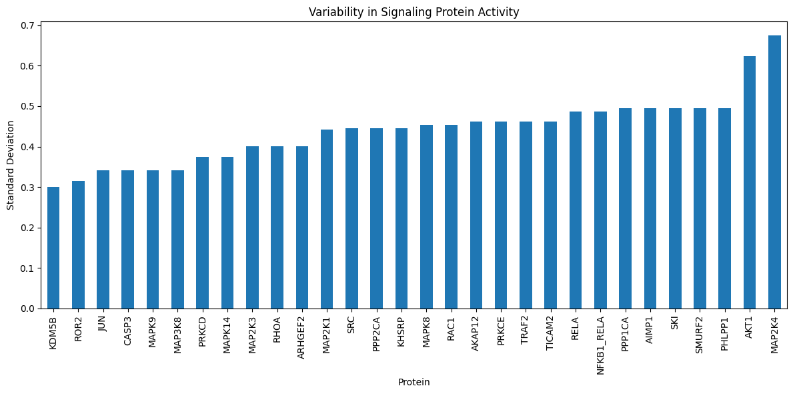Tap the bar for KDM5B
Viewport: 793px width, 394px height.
coord(53,248)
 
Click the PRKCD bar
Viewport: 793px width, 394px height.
coord(203,233)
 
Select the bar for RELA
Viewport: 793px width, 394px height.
coord(576,210)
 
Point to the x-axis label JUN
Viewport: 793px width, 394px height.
coord(103,323)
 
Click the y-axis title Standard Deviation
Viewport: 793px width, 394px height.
coord(10,166)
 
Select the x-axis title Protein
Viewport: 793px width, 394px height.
coord(414,383)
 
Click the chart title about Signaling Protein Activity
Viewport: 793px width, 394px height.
coord(414,11)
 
